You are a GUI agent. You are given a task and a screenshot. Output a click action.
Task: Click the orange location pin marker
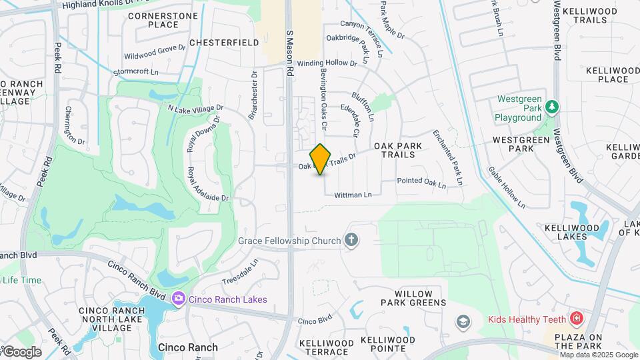pyautogui.click(x=321, y=159)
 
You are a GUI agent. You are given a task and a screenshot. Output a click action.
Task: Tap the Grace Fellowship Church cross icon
pyautogui.click(x=351, y=240)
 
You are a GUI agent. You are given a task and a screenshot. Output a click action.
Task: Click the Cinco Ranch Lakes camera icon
pyautogui.click(x=178, y=299)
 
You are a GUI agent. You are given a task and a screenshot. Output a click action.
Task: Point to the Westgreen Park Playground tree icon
pyautogui.click(x=551, y=107)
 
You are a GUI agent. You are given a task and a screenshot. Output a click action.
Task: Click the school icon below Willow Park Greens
pyautogui.click(x=461, y=323)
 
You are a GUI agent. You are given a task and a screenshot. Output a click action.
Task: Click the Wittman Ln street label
pyautogui.click(x=352, y=195)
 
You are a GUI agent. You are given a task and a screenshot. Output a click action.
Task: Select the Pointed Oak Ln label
pyautogui.click(x=421, y=181)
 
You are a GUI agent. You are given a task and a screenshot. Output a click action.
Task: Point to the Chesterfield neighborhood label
pyautogui.click(x=224, y=42)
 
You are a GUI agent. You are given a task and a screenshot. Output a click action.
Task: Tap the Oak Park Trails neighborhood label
pyautogui.click(x=394, y=150)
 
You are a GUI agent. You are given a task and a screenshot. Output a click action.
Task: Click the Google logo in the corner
pyautogui.click(x=22, y=351)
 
